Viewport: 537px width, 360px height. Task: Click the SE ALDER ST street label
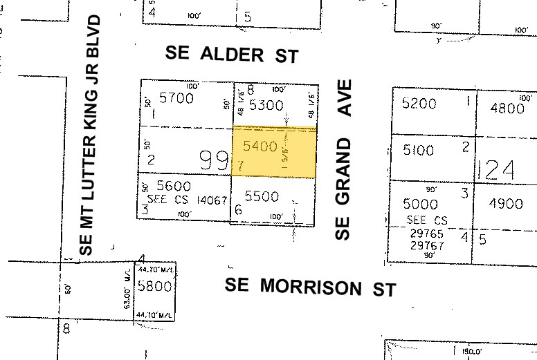233,54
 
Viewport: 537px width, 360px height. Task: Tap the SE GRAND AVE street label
344,160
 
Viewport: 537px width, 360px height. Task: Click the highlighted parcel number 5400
261,146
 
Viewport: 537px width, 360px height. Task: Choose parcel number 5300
266,105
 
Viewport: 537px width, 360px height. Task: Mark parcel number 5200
419,104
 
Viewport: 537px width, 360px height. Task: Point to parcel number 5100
418,149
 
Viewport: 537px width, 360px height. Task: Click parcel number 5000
420,205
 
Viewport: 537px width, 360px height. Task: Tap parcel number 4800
507,108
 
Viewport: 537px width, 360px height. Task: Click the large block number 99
214,161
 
